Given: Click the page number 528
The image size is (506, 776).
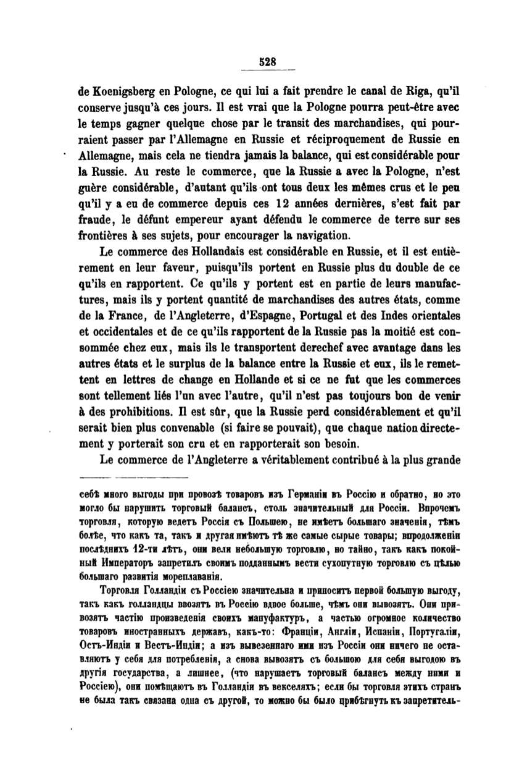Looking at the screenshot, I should click(267, 62).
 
